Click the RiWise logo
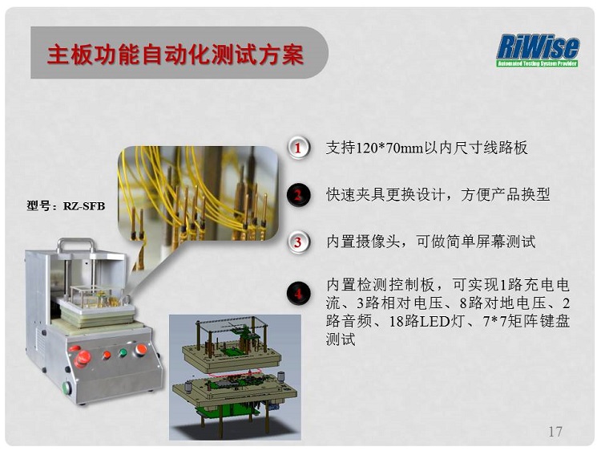point(538,51)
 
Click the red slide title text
point(175,54)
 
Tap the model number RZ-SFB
point(84,206)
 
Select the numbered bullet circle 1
point(298,148)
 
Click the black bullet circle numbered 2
point(298,195)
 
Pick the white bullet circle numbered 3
point(298,242)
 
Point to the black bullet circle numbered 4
point(298,294)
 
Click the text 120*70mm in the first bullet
point(389,148)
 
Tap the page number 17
point(555,432)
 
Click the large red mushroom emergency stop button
point(83,359)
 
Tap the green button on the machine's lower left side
point(67,388)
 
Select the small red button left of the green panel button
point(107,355)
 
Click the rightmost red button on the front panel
point(141,349)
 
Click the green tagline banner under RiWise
point(538,63)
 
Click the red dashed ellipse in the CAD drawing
point(235,372)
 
